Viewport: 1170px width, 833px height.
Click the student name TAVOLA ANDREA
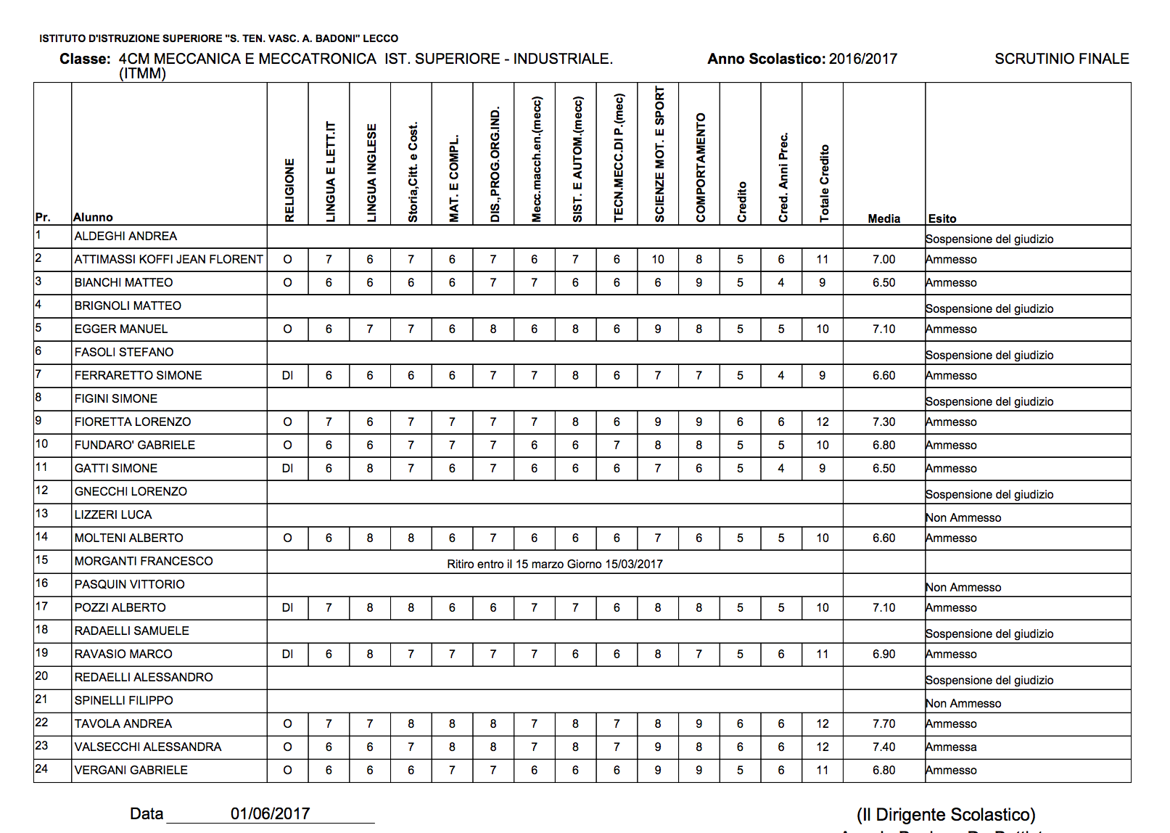(123, 723)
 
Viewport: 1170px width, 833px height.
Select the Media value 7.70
(883, 723)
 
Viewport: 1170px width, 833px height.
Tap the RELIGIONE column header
(289, 190)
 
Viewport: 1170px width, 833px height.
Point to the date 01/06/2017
(270, 813)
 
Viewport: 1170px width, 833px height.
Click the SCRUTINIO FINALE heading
(1061, 59)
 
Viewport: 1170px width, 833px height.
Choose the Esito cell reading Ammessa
(951, 747)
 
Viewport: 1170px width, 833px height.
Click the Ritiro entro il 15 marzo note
(554, 564)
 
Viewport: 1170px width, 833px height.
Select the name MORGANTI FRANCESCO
(144, 561)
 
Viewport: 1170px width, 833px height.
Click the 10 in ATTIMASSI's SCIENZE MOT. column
(657, 259)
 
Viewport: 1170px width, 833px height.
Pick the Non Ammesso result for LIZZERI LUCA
(963, 517)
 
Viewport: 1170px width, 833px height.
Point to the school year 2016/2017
(862, 59)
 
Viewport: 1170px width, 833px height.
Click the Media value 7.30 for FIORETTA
(883, 422)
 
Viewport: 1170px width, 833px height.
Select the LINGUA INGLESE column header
(371, 173)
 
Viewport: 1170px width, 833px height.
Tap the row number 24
(41, 768)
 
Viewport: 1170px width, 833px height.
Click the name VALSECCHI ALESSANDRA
(148, 747)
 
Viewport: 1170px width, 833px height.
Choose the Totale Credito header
(824, 183)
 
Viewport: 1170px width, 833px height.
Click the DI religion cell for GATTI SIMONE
(287, 468)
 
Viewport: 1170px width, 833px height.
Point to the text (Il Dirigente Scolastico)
(946, 814)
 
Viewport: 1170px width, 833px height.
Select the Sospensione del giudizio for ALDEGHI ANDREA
(989, 239)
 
